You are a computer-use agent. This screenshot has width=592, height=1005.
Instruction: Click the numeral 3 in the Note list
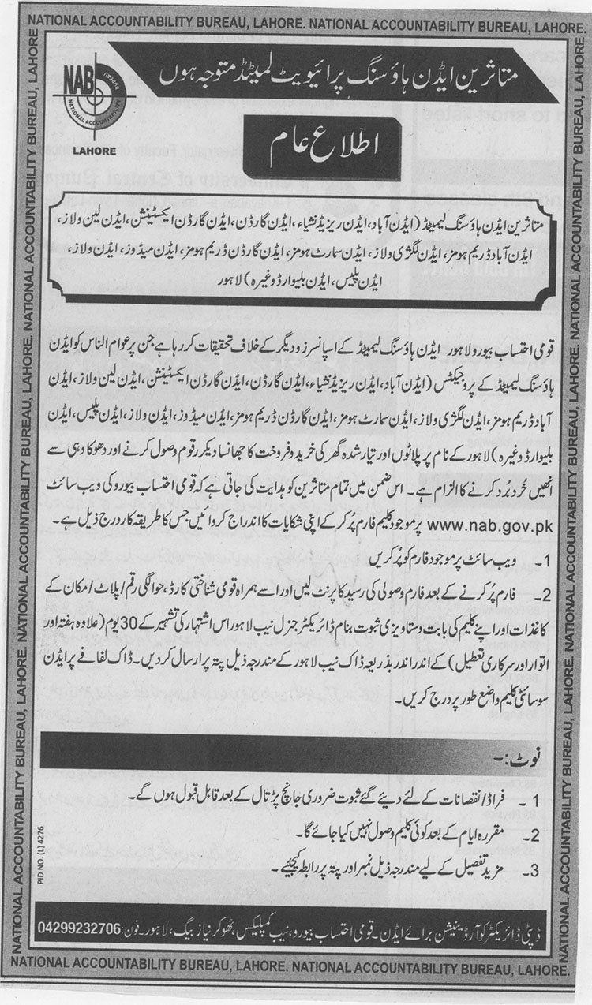(x=536, y=870)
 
